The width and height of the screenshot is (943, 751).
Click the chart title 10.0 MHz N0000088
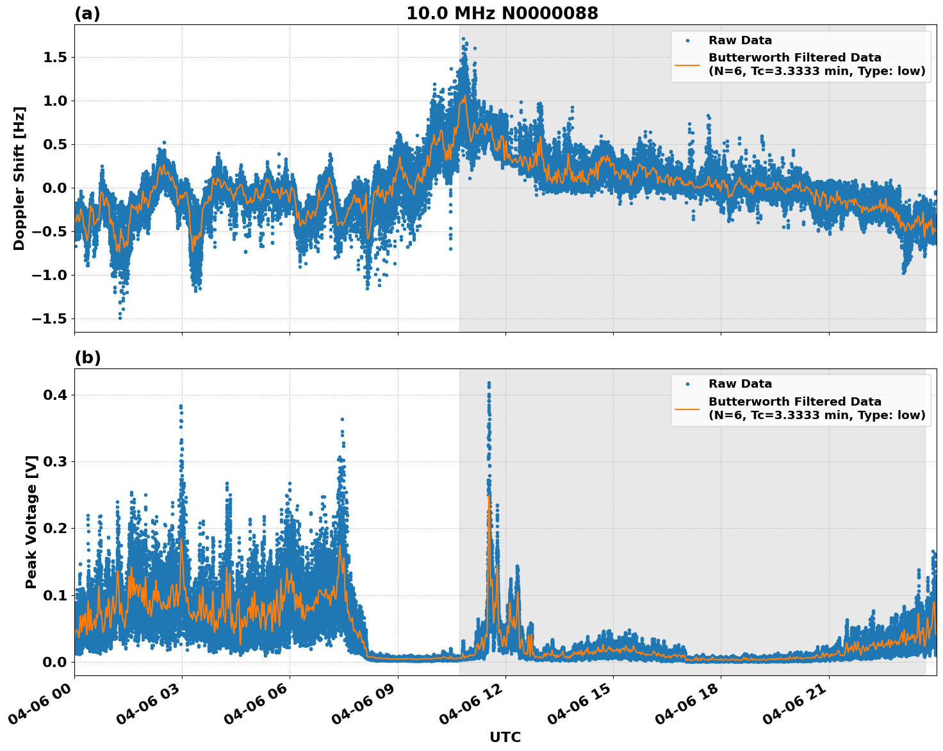pos(502,13)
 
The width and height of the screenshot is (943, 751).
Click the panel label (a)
pos(87,13)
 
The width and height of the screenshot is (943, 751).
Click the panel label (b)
pos(87,358)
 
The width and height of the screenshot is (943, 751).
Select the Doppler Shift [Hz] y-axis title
pos(19,178)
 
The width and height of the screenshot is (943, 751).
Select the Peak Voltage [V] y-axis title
pos(31,522)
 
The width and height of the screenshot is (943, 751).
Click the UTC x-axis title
pos(505,737)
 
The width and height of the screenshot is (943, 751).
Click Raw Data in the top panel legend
pos(740,40)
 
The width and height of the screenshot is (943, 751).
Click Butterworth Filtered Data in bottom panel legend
pos(794,402)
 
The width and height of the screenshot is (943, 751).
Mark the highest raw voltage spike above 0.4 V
pos(489,383)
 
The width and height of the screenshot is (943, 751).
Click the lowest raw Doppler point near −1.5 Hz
pos(120,318)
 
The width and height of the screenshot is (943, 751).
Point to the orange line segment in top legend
pos(687,65)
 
